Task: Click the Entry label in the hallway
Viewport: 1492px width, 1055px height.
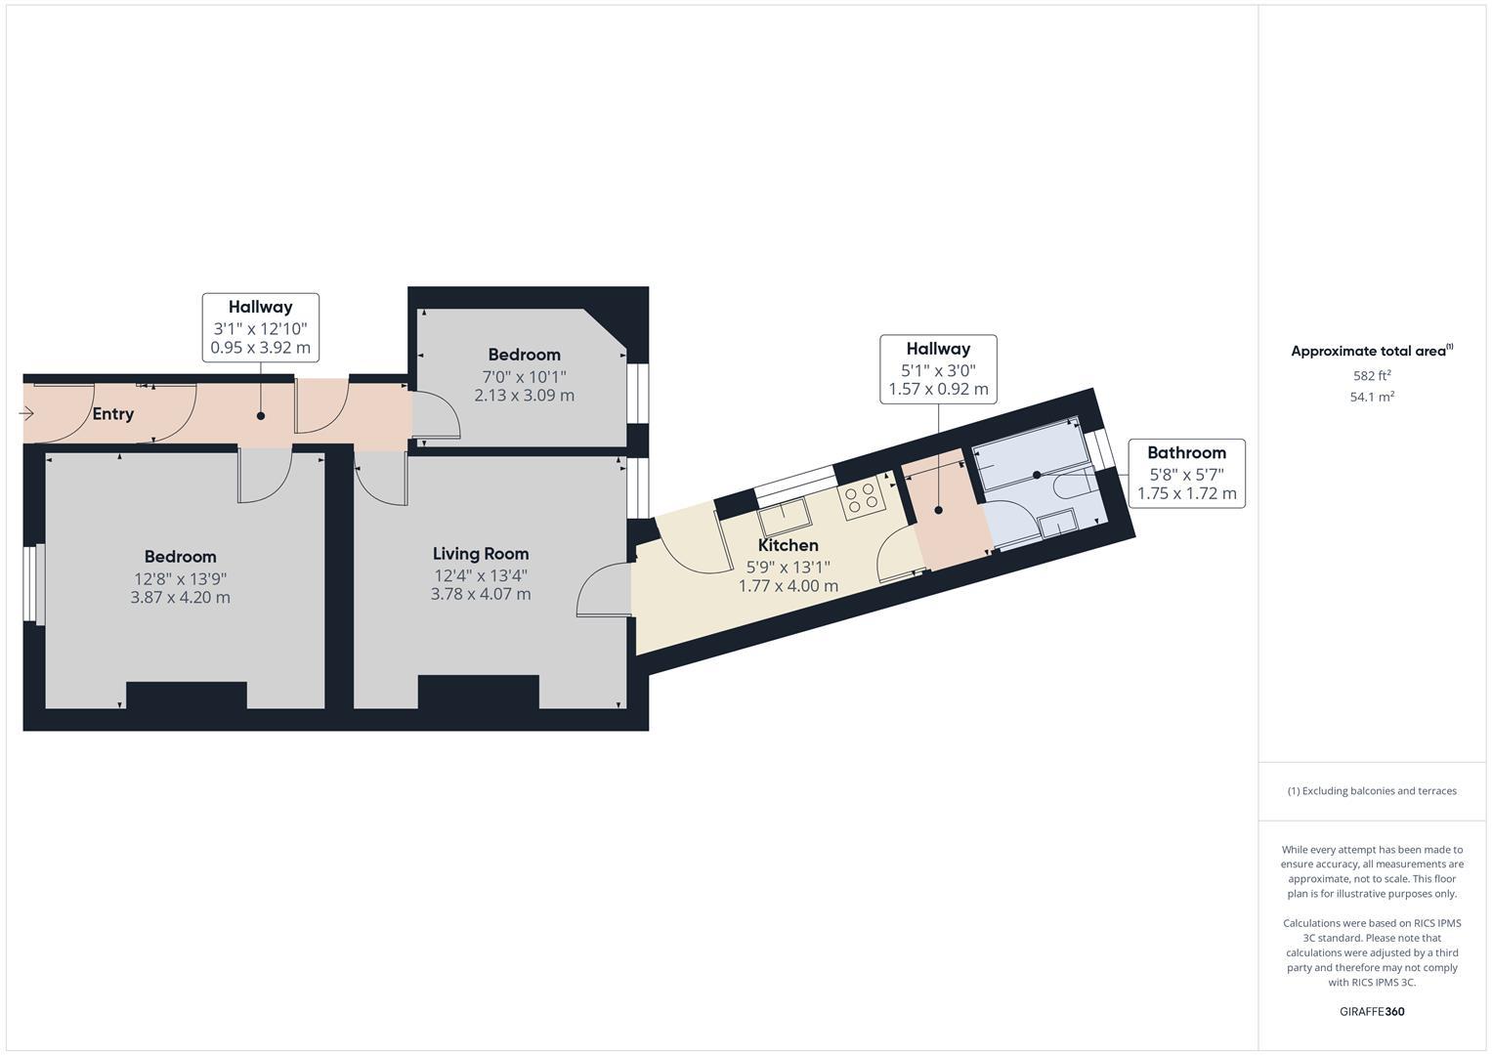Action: click(x=112, y=414)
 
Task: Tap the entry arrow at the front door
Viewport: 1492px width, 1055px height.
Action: click(x=27, y=414)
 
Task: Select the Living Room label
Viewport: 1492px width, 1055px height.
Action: click(x=481, y=554)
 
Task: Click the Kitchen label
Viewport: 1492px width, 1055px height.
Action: click(x=788, y=545)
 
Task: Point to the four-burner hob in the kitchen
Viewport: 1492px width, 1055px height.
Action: click(x=861, y=496)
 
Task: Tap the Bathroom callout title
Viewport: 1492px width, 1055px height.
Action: click(x=1186, y=452)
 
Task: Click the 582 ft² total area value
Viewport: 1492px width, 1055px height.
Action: click(x=1371, y=376)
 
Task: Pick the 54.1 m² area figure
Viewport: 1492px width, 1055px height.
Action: click(x=1371, y=397)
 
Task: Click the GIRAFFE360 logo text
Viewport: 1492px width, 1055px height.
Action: click(x=1371, y=1011)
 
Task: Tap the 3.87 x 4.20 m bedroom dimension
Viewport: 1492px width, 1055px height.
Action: click(x=180, y=597)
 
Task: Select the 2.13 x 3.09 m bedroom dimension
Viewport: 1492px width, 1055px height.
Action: click(x=524, y=396)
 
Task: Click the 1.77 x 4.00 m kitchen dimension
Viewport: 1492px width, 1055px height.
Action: click(x=788, y=586)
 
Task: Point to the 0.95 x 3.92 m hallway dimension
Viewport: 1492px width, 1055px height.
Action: click(x=260, y=347)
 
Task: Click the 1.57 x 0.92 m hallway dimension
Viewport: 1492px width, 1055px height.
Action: click(x=937, y=389)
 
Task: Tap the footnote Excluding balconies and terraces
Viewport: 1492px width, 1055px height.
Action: click(x=1371, y=791)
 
